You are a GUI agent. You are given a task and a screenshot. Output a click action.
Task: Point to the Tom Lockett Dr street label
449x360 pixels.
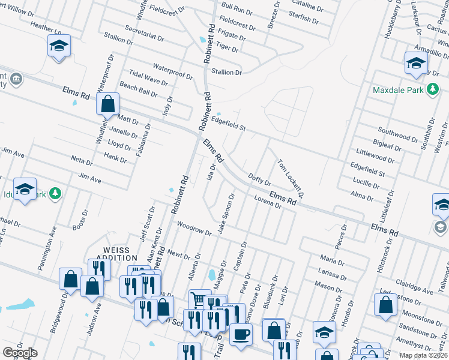[x=291, y=178]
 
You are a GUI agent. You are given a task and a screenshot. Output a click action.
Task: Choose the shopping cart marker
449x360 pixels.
[x=199, y=298]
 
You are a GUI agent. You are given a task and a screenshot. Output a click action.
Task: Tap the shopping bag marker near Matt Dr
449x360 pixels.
[x=107, y=103]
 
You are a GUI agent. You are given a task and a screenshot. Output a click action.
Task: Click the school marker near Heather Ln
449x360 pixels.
[x=59, y=46]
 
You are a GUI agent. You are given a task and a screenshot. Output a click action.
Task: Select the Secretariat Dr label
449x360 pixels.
[x=145, y=33]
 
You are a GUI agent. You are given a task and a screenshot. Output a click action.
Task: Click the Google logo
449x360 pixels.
[x=20, y=353]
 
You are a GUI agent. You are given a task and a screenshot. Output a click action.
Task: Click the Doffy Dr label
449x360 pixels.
[x=259, y=179]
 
